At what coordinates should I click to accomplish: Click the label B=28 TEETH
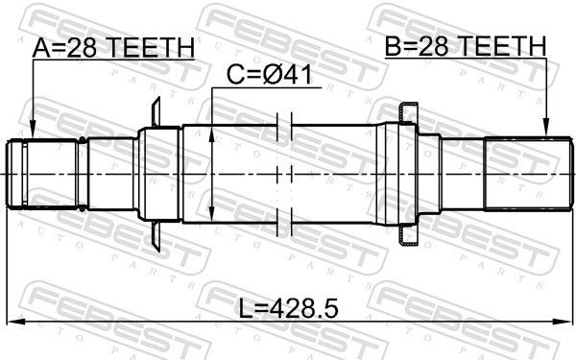[x=465, y=47]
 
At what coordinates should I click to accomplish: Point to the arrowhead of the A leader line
[x=32, y=134]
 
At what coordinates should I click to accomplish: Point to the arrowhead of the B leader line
[x=545, y=134]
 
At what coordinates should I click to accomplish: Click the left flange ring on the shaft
[x=156, y=174]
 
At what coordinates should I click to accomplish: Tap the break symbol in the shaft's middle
[x=282, y=174]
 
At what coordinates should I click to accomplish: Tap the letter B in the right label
[x=392, y=47]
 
